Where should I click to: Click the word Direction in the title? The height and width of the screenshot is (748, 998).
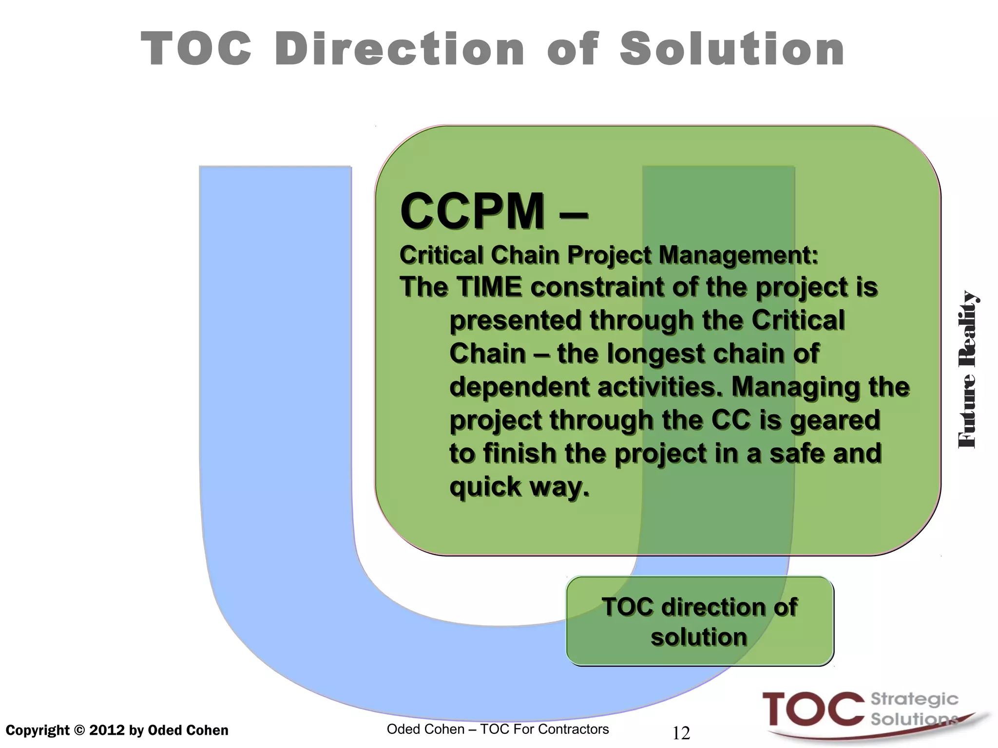point(400,49)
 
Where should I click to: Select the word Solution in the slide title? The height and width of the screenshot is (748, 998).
point(732,49)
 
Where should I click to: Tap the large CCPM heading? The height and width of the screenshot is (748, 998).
point(472,211)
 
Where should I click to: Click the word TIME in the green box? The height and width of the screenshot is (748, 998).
point(489,287)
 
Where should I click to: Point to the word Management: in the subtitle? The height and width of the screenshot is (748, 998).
point(738,255)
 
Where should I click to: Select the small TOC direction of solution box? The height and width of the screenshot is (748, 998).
point(700,621)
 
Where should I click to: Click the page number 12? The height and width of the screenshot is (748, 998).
point(681,733)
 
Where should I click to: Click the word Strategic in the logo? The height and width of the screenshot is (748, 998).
point(914,699)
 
